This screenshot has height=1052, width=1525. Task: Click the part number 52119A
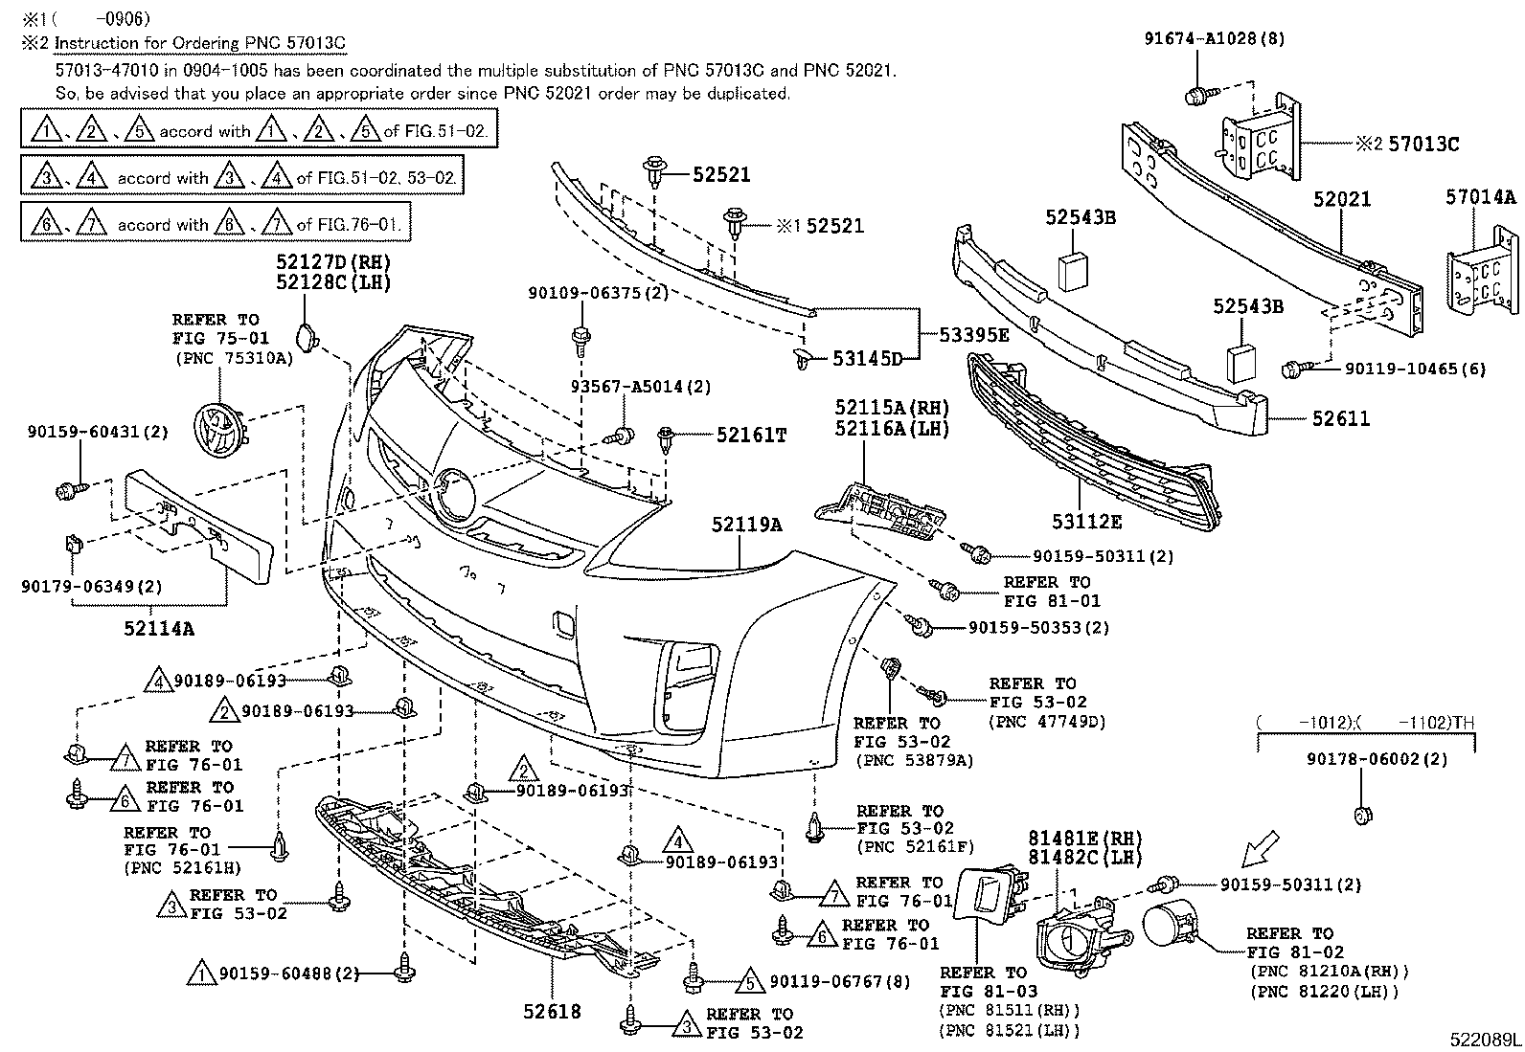(x=747, y=524)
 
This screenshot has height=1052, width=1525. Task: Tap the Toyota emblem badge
(x=219, y=431)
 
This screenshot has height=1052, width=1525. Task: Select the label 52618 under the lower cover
(x=552, y=1012)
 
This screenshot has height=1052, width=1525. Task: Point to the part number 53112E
(x=1086, y=522)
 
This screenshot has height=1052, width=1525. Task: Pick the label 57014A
(x=1481, y=197)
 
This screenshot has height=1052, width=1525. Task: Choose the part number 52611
(x=1340, y=418)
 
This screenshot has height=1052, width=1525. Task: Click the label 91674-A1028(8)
(x=1215, y=39)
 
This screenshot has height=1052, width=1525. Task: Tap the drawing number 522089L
(x=1485, y=1040)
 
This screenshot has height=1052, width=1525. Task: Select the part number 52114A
(x=159, y=628)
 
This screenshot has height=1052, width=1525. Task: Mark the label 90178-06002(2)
(x=1377, y=759)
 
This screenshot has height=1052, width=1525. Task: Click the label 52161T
(x=752, y=436)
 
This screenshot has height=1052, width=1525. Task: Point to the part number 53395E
(x=974, y=335)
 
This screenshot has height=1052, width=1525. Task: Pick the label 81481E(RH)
(x=1085, y=838)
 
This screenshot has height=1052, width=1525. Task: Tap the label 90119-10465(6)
(x=1416, y=369)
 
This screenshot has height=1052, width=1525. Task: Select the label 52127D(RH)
(x=333, y=262)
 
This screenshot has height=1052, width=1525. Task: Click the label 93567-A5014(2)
(x=641, y=387)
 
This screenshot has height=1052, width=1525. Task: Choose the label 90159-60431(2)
(x=98, y=432)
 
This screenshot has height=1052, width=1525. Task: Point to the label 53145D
(x=867, y=359)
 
